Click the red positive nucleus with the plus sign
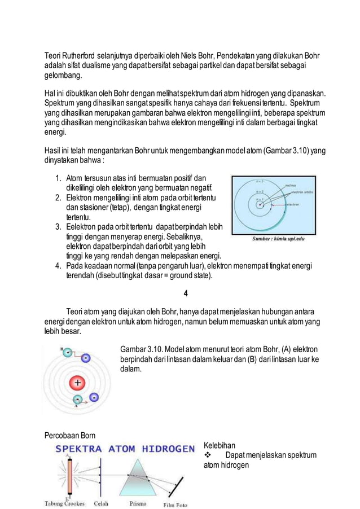point(77,382)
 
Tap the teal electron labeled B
point(66,352)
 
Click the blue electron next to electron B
point(85,358)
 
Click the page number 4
point(186,292)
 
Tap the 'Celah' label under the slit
point(102,503)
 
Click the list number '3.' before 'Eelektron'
point(59,227)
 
